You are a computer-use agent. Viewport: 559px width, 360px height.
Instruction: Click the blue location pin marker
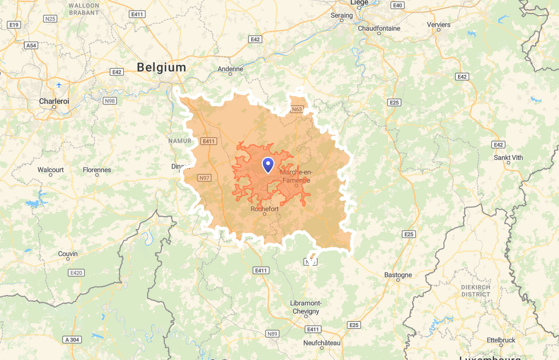268,165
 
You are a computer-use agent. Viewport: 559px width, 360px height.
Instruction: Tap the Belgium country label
162,67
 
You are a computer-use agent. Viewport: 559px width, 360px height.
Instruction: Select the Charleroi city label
54,101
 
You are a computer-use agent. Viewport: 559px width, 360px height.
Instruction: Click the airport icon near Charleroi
59,85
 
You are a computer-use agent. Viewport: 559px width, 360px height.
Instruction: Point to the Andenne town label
230,69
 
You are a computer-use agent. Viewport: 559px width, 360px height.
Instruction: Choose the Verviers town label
438,25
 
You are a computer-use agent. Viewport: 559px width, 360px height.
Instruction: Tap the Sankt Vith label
508,157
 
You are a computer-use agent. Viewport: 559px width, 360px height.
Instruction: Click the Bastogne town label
398,275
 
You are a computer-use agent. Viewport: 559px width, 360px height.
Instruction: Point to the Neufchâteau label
322,343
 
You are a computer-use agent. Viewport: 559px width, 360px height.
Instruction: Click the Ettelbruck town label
501,340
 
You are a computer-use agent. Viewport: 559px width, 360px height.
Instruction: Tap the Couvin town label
68,254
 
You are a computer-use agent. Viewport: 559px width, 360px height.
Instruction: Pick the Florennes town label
97,170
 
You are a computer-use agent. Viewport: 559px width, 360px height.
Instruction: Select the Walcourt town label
51,170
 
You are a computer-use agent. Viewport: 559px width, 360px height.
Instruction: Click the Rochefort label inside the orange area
264,209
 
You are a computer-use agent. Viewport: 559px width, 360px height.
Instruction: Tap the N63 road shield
297,109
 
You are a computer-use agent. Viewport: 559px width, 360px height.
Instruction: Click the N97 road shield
205,178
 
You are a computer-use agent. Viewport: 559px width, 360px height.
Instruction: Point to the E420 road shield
76,273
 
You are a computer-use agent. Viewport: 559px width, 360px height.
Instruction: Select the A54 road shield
31,46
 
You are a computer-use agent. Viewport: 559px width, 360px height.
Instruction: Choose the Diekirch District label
476,291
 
